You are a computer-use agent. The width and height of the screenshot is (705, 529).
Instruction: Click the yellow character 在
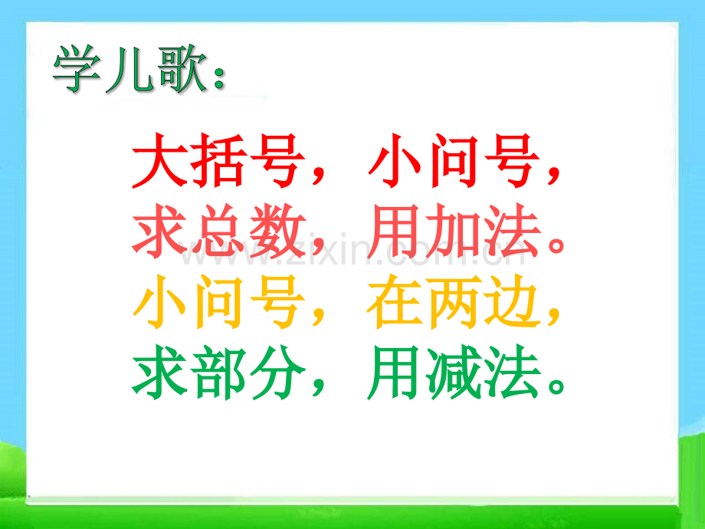pos(394,303)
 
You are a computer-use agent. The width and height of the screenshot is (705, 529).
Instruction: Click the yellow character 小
pos(159,303)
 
